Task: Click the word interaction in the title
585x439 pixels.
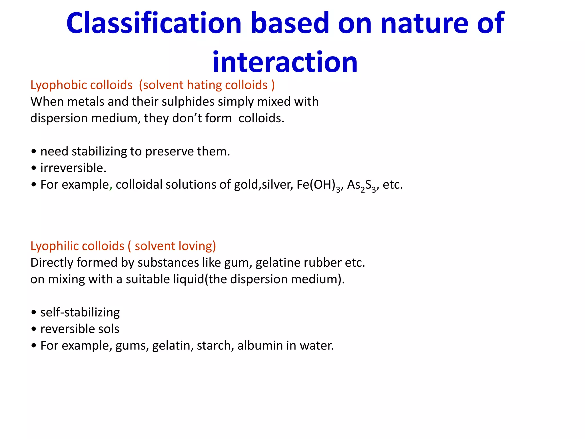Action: [x=285, y=62]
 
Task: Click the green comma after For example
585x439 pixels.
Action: [x=111, y=187]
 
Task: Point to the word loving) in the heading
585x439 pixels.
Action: [x=197, y=246]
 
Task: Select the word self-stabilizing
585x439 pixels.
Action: [x=80, y=312]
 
